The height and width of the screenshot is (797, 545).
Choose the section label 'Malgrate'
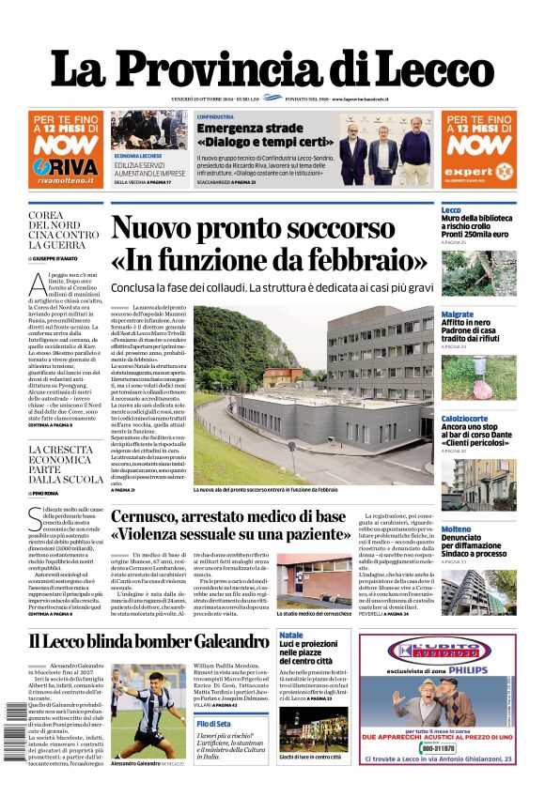[457, 314]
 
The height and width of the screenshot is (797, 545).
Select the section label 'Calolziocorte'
[463, 418]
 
